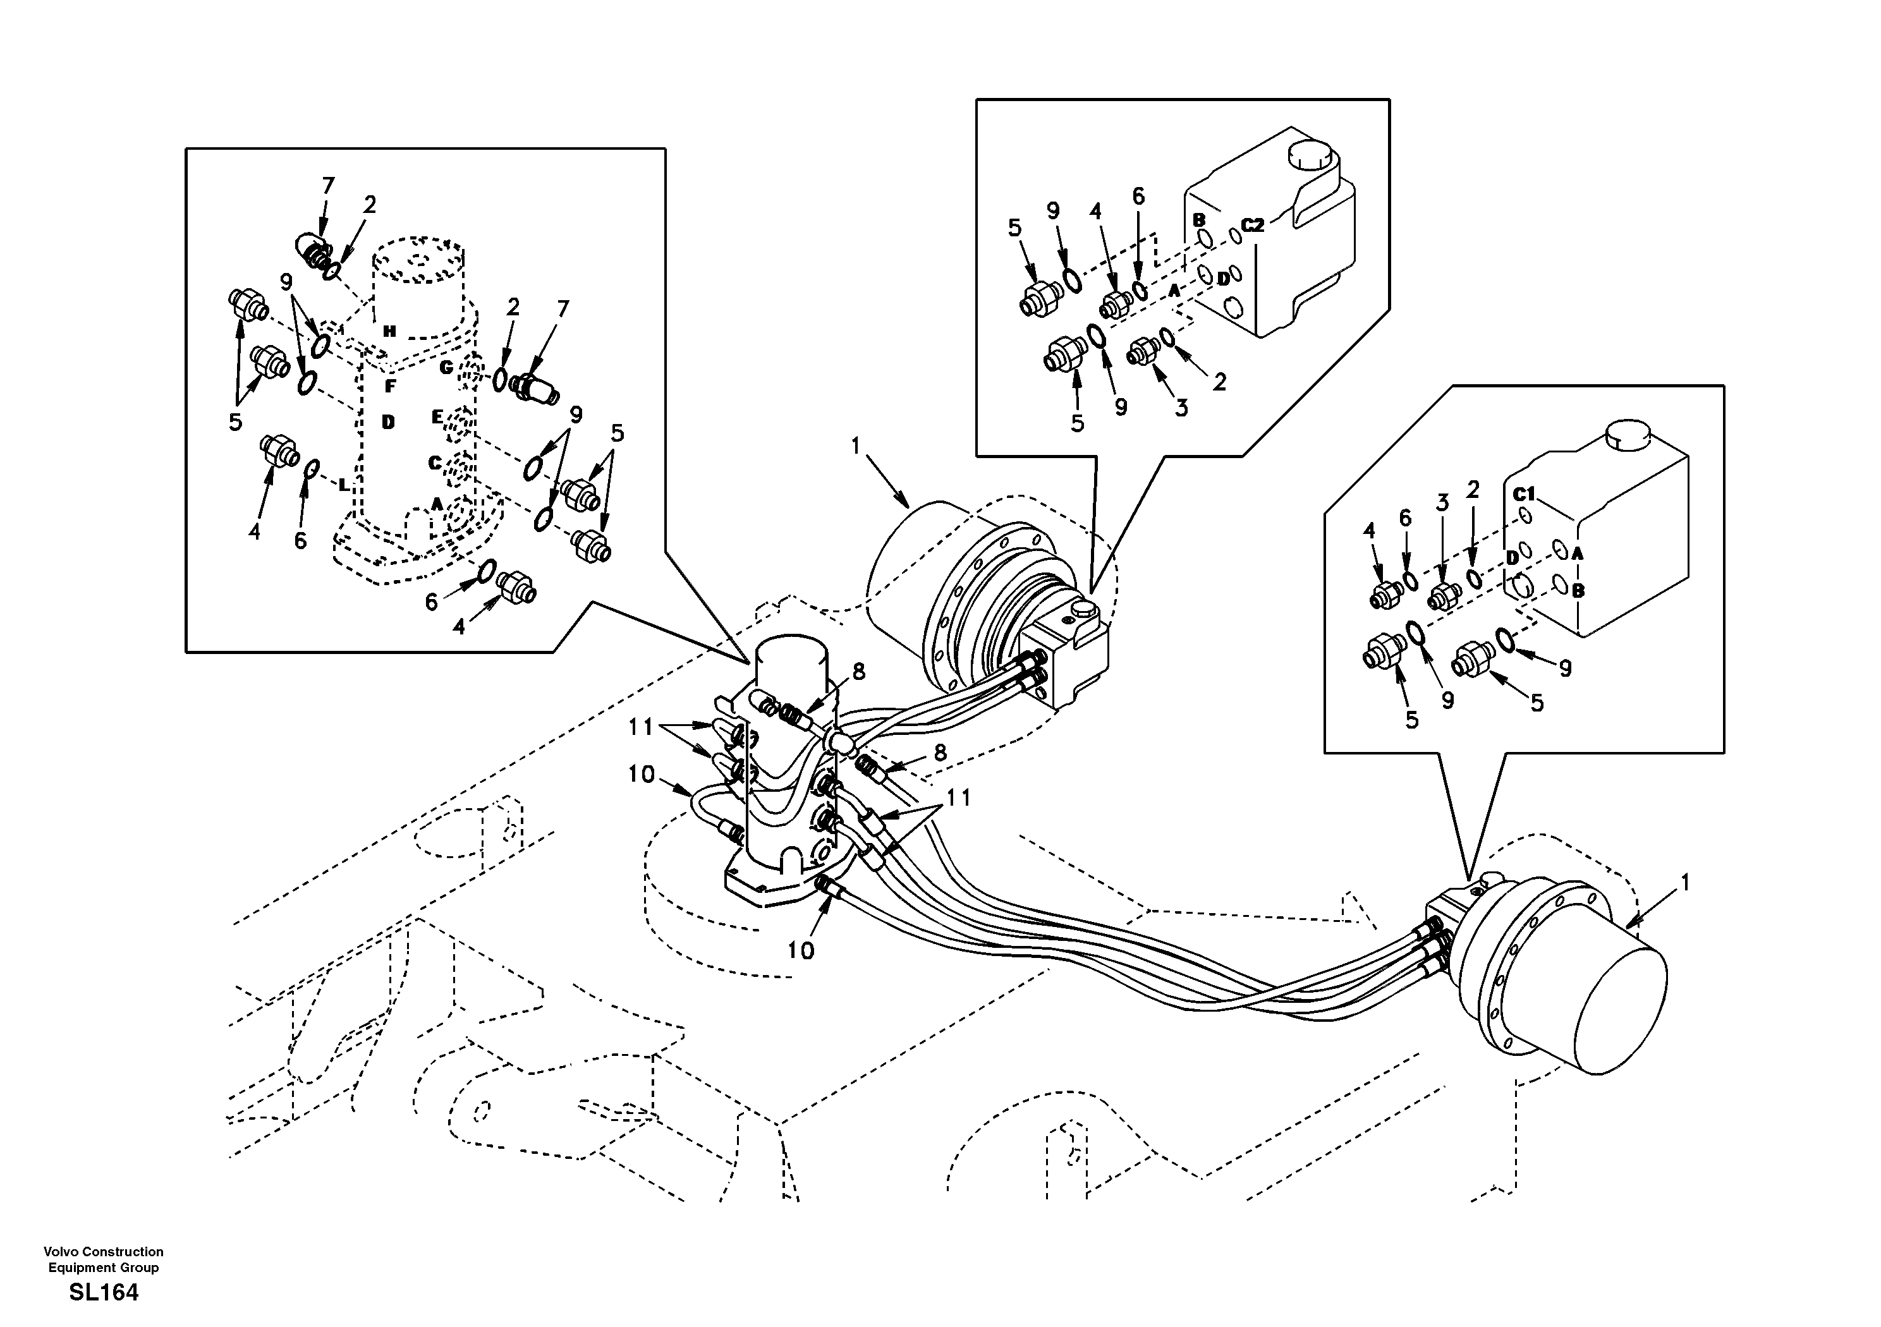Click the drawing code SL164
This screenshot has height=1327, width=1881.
[x=104, y=1293]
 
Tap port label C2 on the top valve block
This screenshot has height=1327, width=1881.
[x=1253, y=224]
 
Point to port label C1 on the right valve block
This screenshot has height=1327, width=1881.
[x=1524, y=495]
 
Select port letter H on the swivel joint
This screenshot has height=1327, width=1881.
[x=390, y=331]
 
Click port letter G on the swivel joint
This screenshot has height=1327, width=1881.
[x=446, y=368]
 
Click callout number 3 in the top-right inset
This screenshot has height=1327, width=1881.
[x=1181, y=408]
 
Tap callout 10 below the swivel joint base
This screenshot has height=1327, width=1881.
[x=801, y=950]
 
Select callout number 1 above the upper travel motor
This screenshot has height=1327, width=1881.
[x=856, y=446]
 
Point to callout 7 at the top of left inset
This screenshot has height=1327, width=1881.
[x=327, y=186]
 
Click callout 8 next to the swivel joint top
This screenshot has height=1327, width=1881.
[x=858, y=672]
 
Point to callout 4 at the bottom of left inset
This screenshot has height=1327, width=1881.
[x=459, y=627]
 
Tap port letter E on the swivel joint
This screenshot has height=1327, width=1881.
[x=437, y=417]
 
